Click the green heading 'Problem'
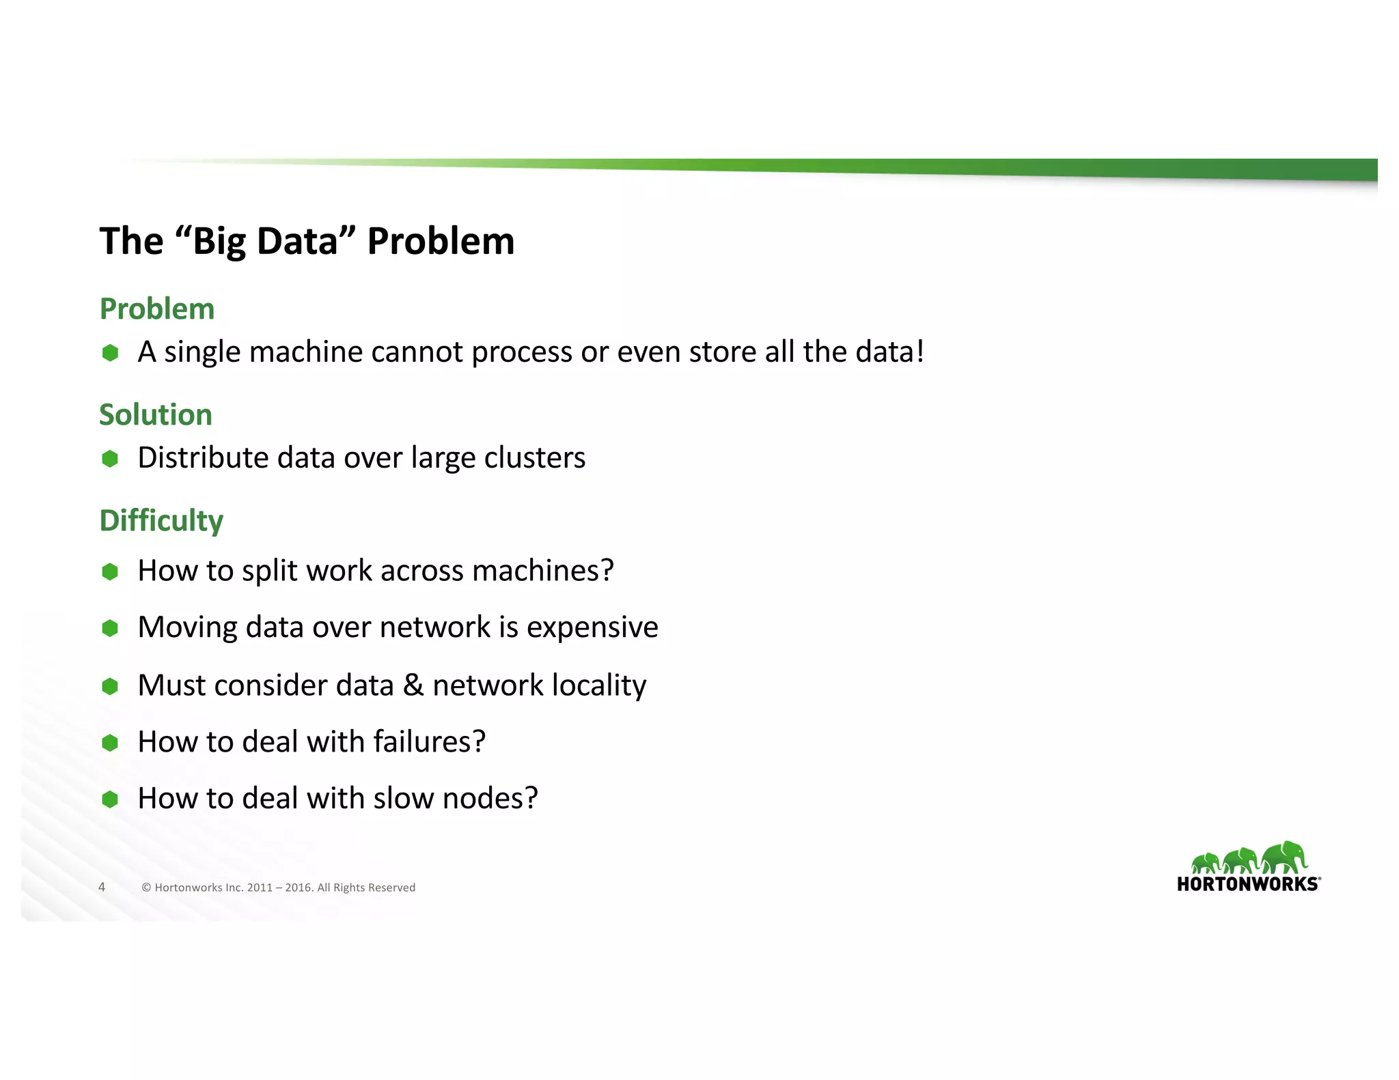157,309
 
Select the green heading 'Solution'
156,415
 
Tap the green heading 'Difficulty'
161,521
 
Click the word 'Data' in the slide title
298,242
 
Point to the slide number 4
102,887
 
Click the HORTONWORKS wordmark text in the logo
1248,885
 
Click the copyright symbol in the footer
146,887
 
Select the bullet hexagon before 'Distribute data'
110,459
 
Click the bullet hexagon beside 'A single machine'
110,353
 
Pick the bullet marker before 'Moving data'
110,628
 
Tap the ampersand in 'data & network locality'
413,685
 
